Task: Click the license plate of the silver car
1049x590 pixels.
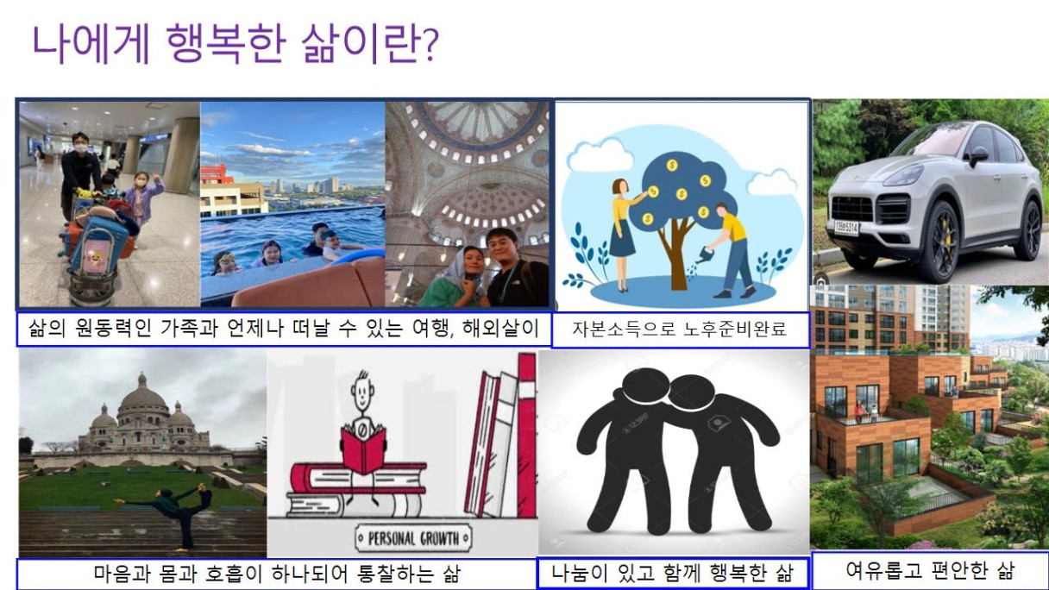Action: (846, 228)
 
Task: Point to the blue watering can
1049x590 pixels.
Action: (704, 255)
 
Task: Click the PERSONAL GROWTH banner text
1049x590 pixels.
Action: (413, 538)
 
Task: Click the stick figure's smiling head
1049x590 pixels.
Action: (362, 393)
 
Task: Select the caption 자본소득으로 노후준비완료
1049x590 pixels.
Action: (680, 329)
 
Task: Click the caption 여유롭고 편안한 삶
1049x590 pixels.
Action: (930, 570)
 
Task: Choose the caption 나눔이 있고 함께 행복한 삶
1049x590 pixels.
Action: (673, 572)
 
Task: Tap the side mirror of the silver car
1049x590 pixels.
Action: (977, 156)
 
